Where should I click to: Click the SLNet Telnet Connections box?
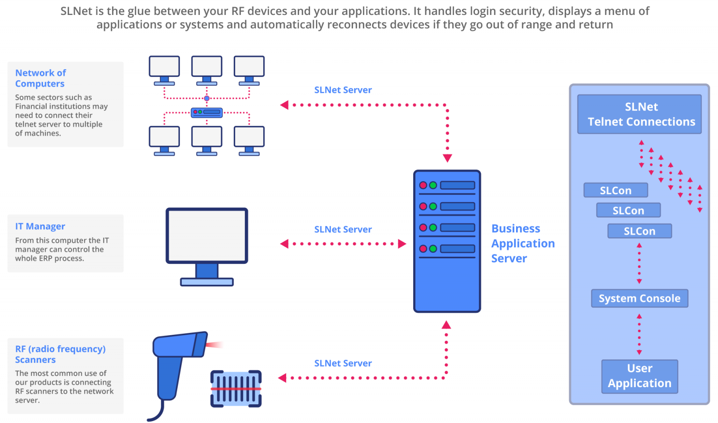coord(639,114)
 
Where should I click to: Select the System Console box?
coord(639,298)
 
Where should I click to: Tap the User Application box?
coord(639,376)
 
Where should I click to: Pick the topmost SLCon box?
coord(616,190)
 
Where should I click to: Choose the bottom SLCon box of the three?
coord(639,231)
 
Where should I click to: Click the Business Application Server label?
coord(523,243)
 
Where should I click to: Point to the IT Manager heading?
coord(40,226)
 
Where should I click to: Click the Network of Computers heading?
coord(40,78)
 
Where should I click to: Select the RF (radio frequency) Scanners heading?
coord(60,354)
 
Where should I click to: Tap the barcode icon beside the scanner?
coord(236,388)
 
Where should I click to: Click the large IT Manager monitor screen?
coord(207,235)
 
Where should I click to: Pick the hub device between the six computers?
coord(207,112)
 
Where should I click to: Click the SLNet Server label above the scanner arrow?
coord(343,363)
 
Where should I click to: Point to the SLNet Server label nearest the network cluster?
coord(343,90)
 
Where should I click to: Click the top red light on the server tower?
coord(423,185)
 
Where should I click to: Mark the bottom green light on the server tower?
coord(433,249)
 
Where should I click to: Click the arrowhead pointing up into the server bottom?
coord(446,325)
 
